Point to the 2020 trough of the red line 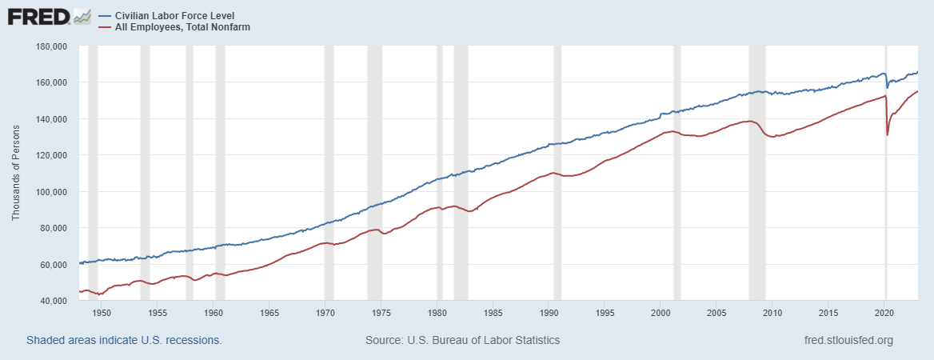point(888,134)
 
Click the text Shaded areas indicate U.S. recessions point(124,340)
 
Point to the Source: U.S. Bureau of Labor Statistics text point(462,340)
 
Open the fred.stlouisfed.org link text point(848,340)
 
